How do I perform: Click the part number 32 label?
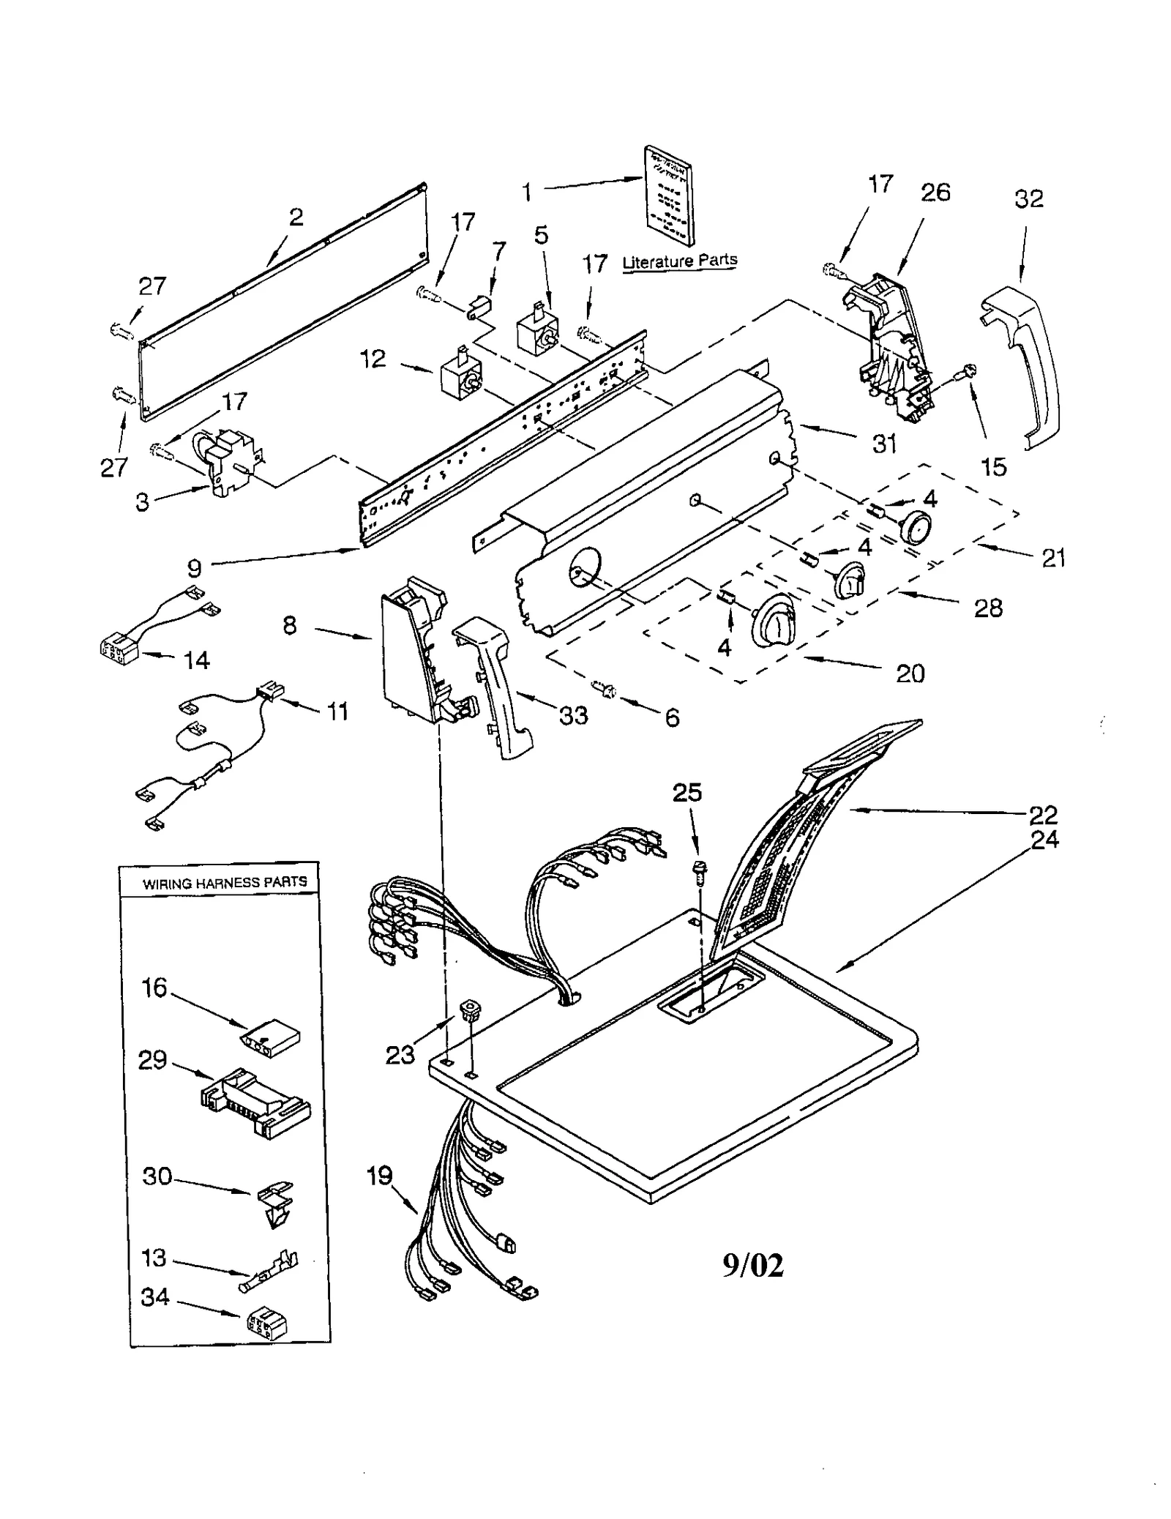point(1028,199)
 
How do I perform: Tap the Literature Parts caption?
point(679,261)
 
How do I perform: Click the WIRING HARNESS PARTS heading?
point(225,882)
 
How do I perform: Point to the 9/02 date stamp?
point(753,1265)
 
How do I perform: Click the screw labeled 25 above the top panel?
point(699,870)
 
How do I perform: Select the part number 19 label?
point(380,1176)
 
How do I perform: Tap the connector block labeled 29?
point(255,1100)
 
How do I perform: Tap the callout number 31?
point(884,443)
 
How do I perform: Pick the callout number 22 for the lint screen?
point(1043,815)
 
